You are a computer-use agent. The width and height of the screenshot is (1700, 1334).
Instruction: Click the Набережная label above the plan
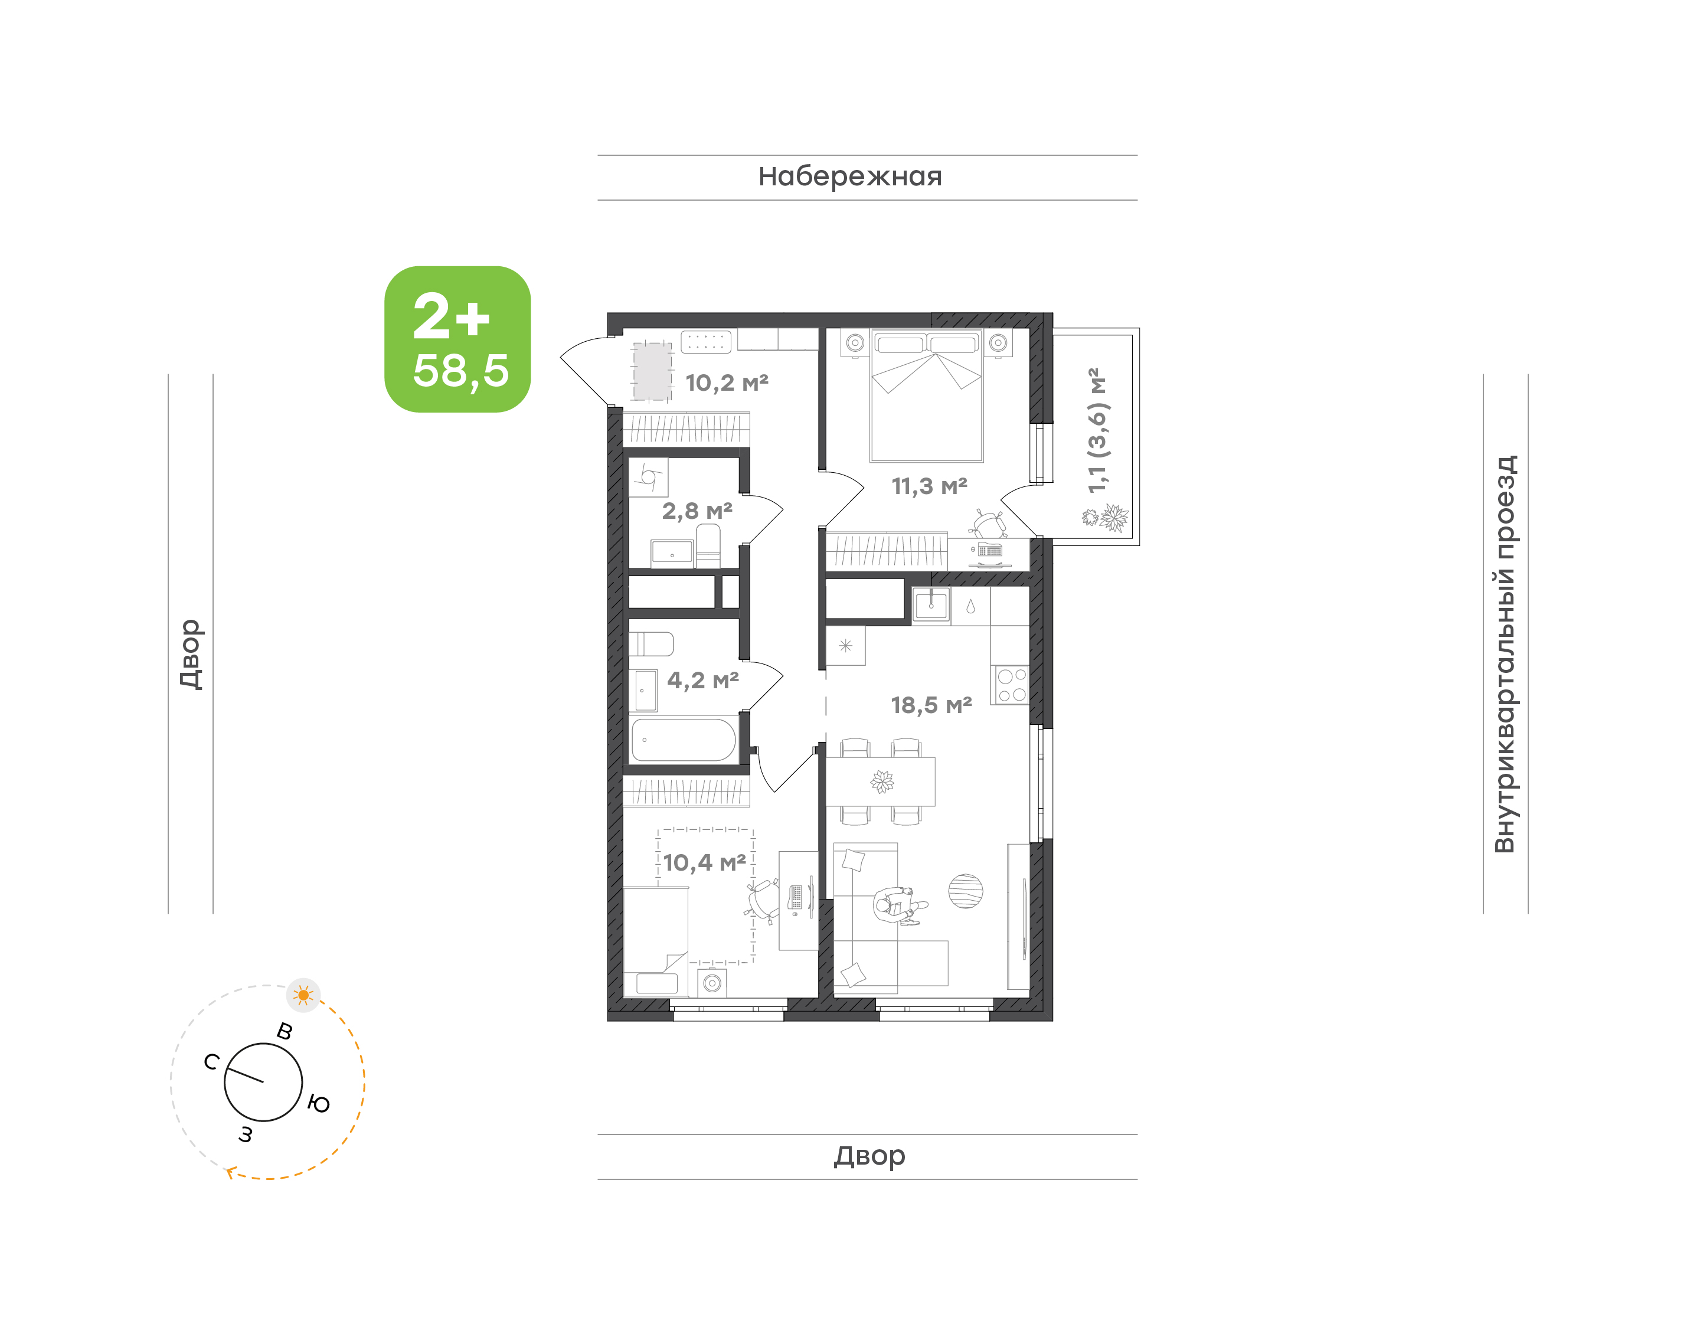click(x=849, y=176)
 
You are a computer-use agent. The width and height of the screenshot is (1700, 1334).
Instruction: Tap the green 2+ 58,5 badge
click(x=457, y=339)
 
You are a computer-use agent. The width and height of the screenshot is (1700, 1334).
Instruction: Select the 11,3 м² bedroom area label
click(x=929, y=486)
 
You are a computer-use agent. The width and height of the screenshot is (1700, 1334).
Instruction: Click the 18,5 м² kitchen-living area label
click(x=931, y=705)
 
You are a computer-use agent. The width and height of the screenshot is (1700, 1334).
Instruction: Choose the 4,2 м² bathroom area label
click(x=703, y=680)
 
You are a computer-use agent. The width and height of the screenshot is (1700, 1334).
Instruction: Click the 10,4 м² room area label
click(x=704, y=863)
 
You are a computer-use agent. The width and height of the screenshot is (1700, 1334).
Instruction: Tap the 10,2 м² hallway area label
click(x=727, y=382)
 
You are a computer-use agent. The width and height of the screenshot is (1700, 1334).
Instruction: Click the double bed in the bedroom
click(x=927, y=395)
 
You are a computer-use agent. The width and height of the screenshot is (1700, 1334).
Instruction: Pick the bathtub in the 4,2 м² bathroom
click(x=684, y=740)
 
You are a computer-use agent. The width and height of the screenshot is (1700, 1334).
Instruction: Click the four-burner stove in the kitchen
click(x=1011, y=685)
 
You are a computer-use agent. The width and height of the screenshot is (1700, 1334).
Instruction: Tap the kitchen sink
click(x=931, y=605)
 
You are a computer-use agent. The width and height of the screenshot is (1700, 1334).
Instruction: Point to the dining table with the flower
click(x=881, y=781)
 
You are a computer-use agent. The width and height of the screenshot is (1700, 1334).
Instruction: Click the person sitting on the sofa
click(x=898, y=906)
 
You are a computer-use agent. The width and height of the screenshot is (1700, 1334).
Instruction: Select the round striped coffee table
click(x=966, y=891)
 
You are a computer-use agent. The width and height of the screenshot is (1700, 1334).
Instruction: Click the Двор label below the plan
click(x=869, y=1156)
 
